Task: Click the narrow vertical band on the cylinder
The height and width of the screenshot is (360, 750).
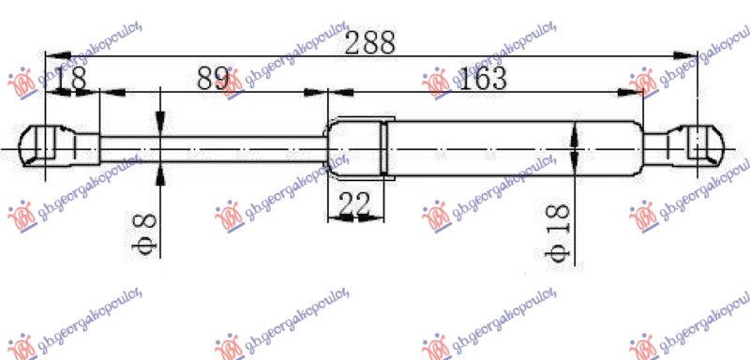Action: [x=383, y=148]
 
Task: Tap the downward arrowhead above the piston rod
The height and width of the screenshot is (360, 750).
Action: [x=161, y=124]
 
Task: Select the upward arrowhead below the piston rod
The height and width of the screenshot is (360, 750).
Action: [x=161, y=171]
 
